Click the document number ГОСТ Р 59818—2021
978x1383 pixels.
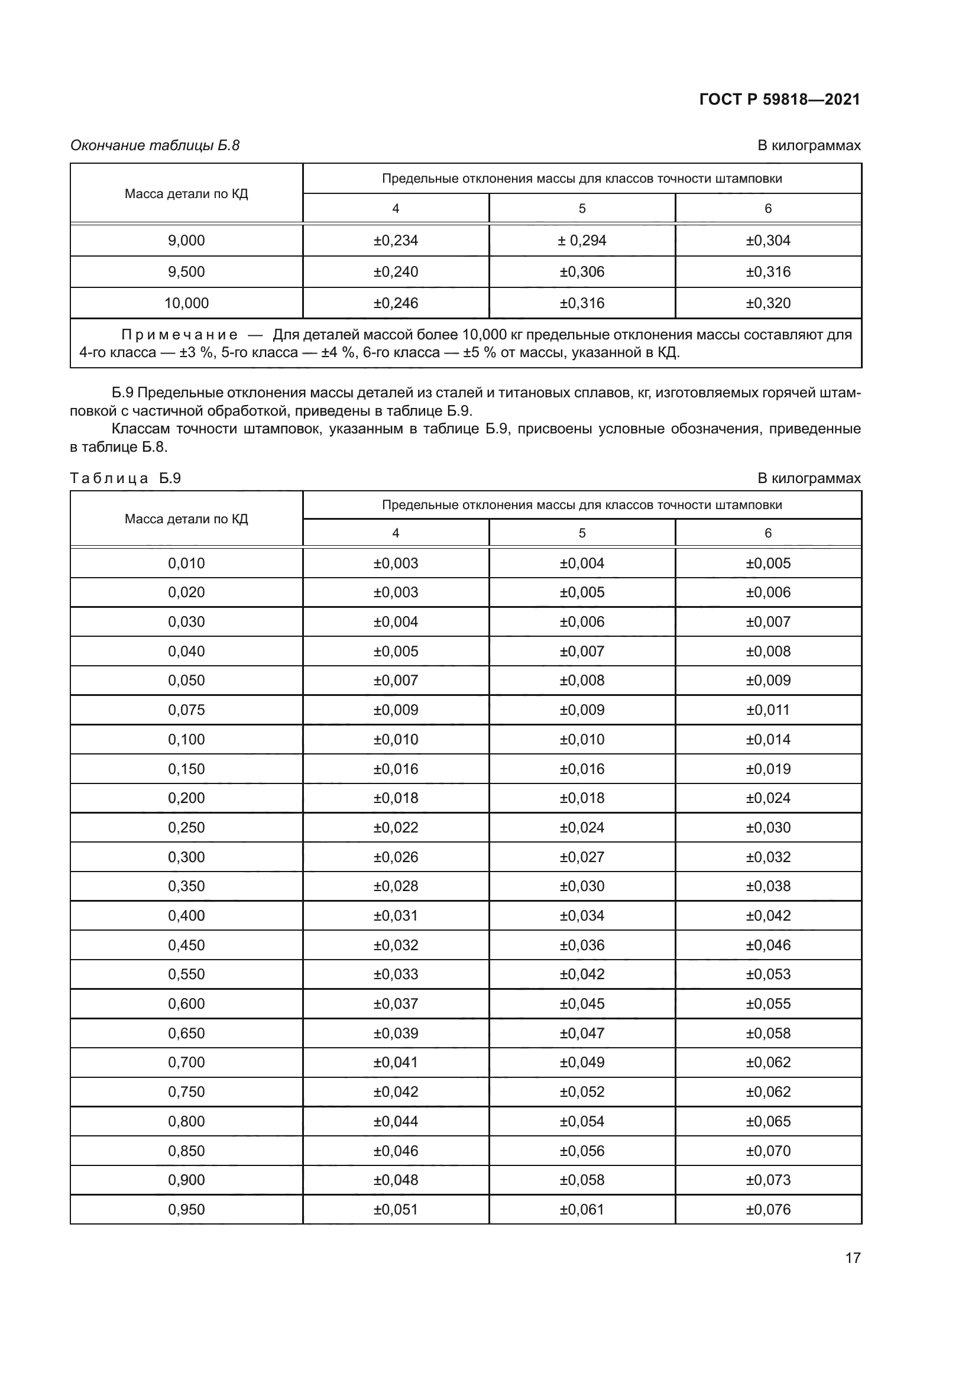coord(779,99)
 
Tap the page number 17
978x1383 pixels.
coord(853,1258)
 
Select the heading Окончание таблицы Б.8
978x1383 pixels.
coord(155,145)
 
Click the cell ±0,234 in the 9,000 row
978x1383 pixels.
coord(395,240)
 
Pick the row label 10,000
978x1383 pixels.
coord(186,303)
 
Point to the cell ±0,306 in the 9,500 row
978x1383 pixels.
coord(581,271)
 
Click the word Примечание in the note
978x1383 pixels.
coord(180,335)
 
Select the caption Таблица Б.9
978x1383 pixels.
coord(125,478)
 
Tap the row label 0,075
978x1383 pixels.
coord(186,710)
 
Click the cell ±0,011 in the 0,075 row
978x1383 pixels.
coord(768,710)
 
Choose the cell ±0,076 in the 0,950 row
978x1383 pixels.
coord(768,1210)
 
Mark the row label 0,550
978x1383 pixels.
coord(186,974)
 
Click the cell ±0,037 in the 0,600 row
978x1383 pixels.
coord(395,1003)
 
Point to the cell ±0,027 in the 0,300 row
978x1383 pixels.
coord(581,857)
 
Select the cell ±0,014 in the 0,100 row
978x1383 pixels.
coord(768,739)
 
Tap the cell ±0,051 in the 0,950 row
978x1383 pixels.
coord(395,1210)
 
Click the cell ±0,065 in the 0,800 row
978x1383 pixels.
coord(768,1121)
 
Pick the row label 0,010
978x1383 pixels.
coord(186,563)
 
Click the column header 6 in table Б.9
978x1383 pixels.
coord(768,533)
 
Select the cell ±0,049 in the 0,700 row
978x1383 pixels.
coord(581,1062)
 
